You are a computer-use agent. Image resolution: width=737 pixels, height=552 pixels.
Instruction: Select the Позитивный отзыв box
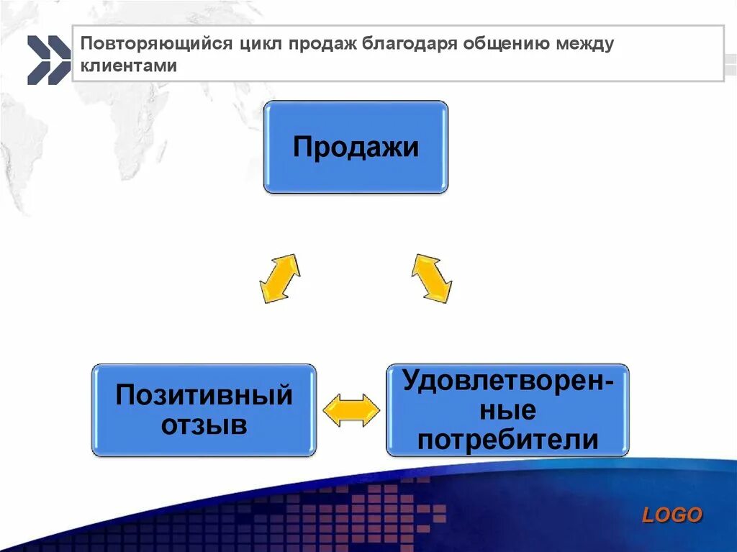(204, 410)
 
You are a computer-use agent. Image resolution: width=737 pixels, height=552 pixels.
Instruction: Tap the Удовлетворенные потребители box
(507, 410)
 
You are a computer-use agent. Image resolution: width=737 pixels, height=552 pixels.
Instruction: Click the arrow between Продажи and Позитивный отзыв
(279, 278)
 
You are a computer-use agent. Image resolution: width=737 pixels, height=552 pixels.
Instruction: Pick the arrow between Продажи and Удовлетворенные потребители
(431, 278)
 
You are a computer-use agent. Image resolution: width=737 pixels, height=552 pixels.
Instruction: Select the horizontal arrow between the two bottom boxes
(351, 410)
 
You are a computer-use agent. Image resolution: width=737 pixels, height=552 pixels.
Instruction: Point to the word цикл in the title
(261, 45)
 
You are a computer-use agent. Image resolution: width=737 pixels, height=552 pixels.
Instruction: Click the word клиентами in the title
(129, 65)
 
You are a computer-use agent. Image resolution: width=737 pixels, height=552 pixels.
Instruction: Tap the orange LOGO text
(672, 515)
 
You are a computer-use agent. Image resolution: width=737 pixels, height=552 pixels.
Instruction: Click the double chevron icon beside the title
(49, 60)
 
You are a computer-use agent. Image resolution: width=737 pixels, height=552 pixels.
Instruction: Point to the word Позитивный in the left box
(204, 395)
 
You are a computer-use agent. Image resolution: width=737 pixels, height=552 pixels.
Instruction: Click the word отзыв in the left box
(204, 425)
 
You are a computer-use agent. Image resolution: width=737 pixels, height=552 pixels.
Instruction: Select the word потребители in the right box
(507, 439)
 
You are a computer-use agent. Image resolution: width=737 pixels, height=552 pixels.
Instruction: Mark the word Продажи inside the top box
(356, 148)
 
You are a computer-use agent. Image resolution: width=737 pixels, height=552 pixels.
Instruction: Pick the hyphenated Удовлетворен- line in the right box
(507, 380)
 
